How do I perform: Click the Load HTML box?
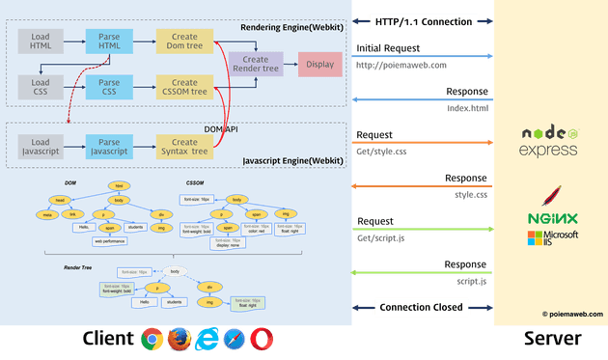pyautogui.click(x=41, y=42)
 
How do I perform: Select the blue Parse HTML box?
pyautogui.click(x=109, y=42)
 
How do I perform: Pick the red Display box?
pyautogui.click(x=320, y=65)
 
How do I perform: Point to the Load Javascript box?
pyautogui.click(x=41, y=147)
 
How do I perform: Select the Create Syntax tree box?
pyautogui.click(x=184, y=147)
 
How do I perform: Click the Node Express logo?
pyautogui.click(x=548, y=141)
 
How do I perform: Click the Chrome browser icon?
pyautogui.click(x=152, y=340)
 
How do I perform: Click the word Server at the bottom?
pyautogui.click(x=552, y=339)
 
